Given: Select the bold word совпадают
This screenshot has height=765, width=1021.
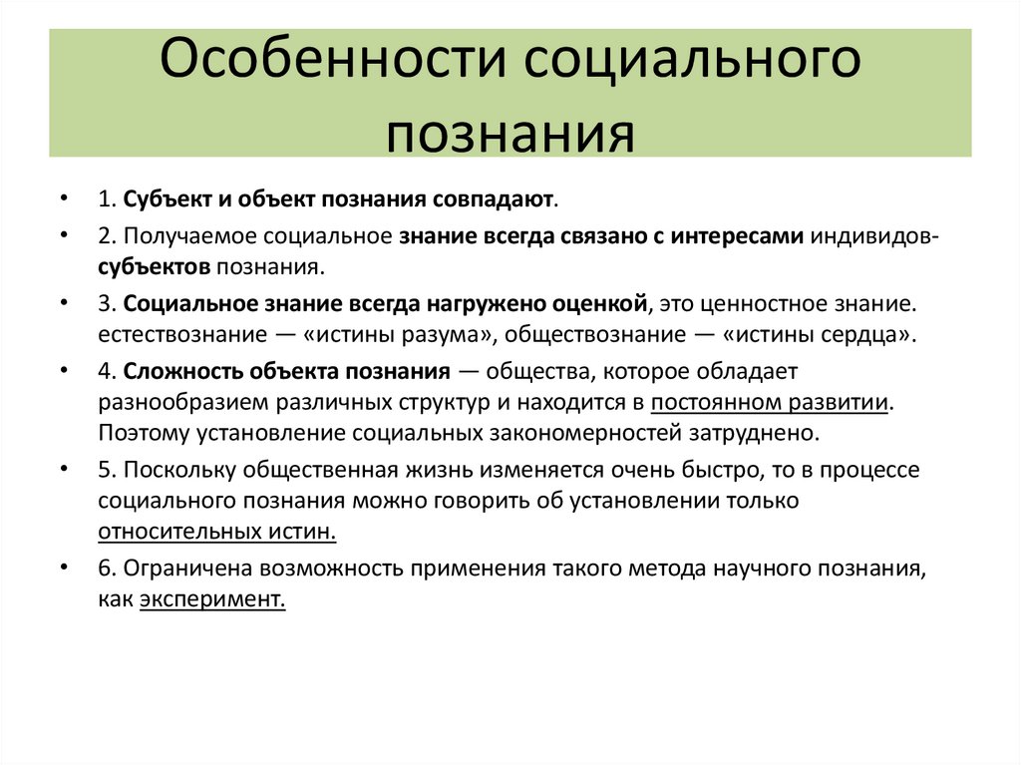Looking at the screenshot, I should pyautogui.click(x=494, y=198).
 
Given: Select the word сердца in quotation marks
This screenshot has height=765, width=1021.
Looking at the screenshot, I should pyautogui.click(x=864, y=334).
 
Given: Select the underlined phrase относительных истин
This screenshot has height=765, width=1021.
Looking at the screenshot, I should pyautogui.click(x=216, y=532).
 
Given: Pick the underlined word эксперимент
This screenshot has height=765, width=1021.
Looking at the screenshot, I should pyautogui.click(x=212, y=599).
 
